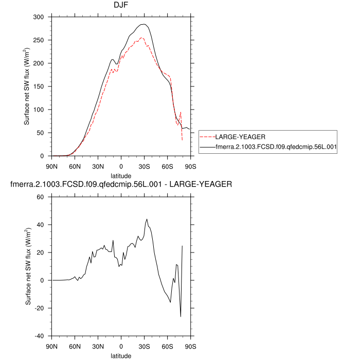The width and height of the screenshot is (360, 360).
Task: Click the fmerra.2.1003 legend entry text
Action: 276,147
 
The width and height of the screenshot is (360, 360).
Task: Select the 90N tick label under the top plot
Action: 52,166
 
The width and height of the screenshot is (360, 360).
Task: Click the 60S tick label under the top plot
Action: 168,166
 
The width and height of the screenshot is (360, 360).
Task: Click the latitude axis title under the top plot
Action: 121,175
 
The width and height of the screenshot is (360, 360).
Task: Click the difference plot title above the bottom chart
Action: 121,184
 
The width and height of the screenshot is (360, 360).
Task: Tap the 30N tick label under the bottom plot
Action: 98,346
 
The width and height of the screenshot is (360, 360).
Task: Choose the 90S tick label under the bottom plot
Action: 191,346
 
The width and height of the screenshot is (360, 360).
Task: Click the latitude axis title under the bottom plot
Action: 121,355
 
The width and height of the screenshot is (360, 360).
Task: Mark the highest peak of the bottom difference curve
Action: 147,219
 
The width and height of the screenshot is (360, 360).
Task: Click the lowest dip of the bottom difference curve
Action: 181,316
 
